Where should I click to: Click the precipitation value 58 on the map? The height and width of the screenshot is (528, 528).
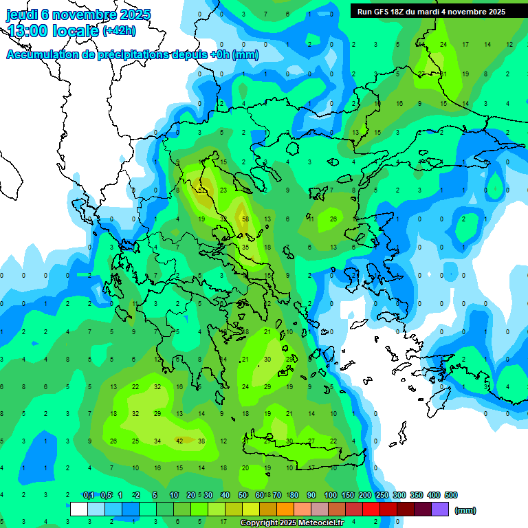tap(245, 219)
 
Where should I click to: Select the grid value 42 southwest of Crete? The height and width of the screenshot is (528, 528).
tap(179, 441)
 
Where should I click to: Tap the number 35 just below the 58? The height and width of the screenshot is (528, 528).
tap(245, 247)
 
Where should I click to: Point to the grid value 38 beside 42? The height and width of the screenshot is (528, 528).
tap(201, 441)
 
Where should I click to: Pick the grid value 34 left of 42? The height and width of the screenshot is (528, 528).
tap(157, 441)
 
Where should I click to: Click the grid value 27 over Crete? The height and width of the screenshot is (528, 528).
tap(311, 441)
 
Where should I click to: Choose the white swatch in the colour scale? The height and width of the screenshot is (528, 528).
tap(79, 509)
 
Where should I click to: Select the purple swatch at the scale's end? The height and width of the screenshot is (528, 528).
tap(440, 509)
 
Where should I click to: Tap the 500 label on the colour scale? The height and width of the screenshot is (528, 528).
tap(450, 495)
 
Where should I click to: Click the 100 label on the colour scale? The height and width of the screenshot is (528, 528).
tap(330, 495)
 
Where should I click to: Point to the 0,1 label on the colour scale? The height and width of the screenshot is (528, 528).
tap(89, 495)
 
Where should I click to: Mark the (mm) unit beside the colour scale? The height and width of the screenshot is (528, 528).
tap(465, 510)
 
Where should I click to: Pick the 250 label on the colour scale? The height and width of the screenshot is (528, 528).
tap(382, 495)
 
